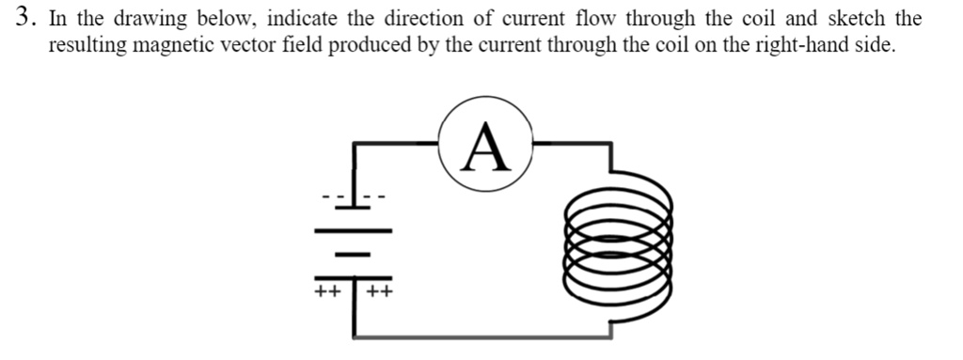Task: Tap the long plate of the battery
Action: coord(353,229)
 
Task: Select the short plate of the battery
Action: coord(353,253)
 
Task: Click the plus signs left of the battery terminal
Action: coord(327,291)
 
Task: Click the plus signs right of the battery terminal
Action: coord(380,291)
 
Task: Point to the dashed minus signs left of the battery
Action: coord(332,197)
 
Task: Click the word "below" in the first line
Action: coord(223,19)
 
